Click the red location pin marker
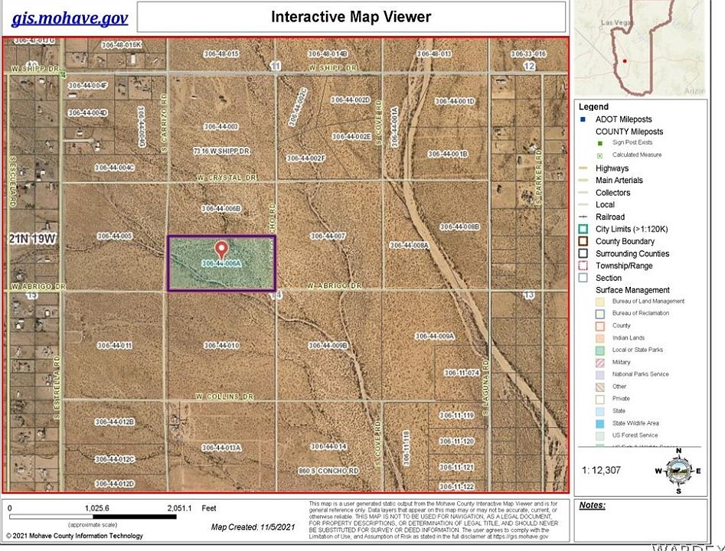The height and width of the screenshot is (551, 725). pyautogui.click(x=221, y=249)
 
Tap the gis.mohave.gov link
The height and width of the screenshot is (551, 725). pyautogui.click(x=70, y=18)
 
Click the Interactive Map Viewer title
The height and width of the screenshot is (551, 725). pyautogui.click(x=351, y=17)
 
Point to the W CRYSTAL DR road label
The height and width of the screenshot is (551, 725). pyautogui.click(x=224, y=178)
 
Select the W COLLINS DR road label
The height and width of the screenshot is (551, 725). pyautogui.click(x=224, y=396)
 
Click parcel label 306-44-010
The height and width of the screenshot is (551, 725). pyautogui.click(x=222, y=345)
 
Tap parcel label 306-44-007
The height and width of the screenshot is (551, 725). pyautogui.click(x=328, y=236)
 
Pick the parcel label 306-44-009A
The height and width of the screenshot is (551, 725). pyautogui.click(x=435, y=336)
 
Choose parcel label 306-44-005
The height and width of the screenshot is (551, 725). pyautogui.click(x=115, y=236)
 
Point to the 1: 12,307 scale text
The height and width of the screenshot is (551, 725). pyautogui.click(x=602, y=470)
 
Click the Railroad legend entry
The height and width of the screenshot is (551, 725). pyautogui.click(x=609, y=217)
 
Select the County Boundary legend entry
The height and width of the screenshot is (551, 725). pyautogui.click(x=625, y=241)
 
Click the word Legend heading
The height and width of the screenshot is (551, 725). pyautogui.click(x=593, y=107)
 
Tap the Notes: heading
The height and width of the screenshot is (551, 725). pyautogui.click(x=593, y=505)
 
